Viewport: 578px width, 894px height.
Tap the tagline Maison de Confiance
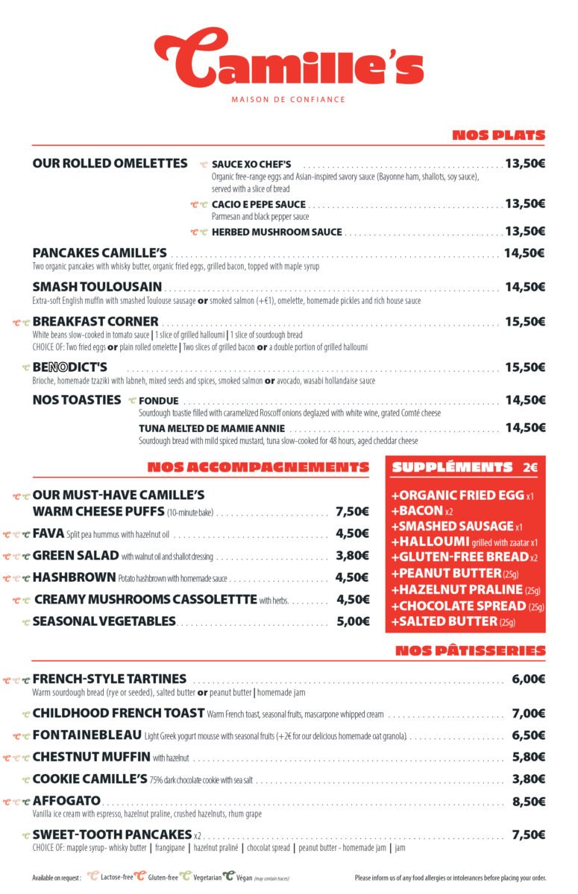tap(289, 99)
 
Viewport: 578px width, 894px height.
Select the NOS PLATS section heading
tap(498, 136)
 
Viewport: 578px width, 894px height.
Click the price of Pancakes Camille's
tap(524, 253)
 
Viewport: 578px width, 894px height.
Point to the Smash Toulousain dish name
tap(97, 287)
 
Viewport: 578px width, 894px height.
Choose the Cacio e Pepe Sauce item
tap(259, 204)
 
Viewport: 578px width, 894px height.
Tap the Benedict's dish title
tap(70, 367)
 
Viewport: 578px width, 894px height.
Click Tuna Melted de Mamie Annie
tap(212, 428)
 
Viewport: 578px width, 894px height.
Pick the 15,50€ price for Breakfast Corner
tap(524, 322)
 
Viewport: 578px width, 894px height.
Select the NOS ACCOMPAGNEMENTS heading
tap(258, 468)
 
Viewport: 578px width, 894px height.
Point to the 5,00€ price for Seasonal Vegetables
tap(353, 621)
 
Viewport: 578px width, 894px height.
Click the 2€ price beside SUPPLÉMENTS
tap(530, 468)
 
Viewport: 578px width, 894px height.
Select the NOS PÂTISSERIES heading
tap(470, 651)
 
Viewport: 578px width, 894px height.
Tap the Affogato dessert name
tap(66, 801)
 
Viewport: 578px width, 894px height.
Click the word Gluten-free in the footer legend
tap(163, 878)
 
